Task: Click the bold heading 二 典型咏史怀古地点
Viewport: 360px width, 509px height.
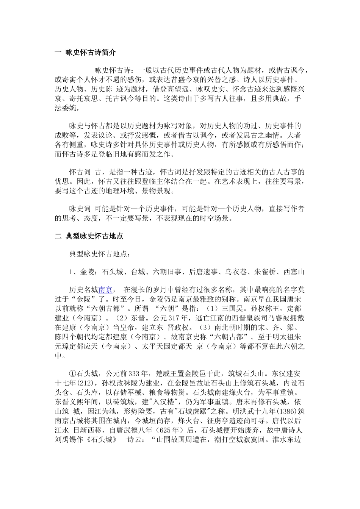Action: tap(89, 236)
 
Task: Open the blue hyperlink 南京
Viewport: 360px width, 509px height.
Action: tap(105, 290)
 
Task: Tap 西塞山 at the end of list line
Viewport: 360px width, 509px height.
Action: tap(294, 272)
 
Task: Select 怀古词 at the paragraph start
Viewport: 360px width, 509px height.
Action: tap(80, 172)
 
